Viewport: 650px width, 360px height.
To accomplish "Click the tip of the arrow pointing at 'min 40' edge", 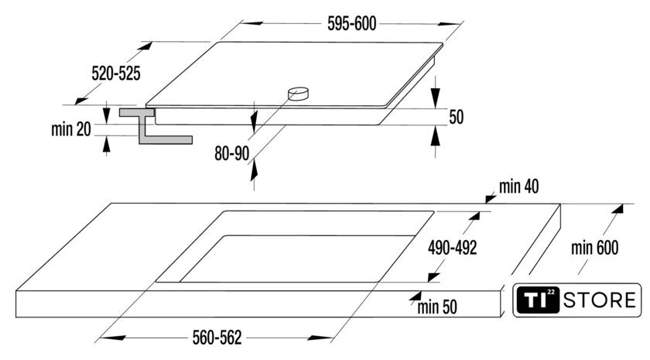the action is [x=485, y=203].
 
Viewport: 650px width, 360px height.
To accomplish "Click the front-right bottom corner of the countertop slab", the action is [x=501, y=317].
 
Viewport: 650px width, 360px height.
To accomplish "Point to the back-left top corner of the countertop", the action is [x=111, y=203].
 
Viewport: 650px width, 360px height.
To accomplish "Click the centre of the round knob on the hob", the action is [x=299, y=94].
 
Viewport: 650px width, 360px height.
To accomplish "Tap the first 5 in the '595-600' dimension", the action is [x=331, y=24].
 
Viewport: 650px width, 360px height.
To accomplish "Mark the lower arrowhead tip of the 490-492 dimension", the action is [x=429, y=282].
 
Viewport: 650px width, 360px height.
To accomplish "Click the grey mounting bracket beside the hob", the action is [x=155, y=126].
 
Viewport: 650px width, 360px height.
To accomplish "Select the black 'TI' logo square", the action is [x=538, y=300].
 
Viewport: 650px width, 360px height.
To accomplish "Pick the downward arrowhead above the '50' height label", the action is [x=435, y=98].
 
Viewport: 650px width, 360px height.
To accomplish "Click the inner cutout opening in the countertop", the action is [x=297, y=259].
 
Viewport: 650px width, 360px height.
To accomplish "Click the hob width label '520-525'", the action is [x=116, y=74].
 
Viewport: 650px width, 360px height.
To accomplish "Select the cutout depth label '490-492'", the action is [x=452, y=248].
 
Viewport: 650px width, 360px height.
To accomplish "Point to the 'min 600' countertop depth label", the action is [x=594, y=248].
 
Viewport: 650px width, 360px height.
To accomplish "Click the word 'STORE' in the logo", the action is [x=600, y=300].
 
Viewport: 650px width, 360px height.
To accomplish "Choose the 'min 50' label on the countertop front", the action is [x=437, y=307].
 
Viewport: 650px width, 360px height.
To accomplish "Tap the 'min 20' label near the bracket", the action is [x=71, y=129].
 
